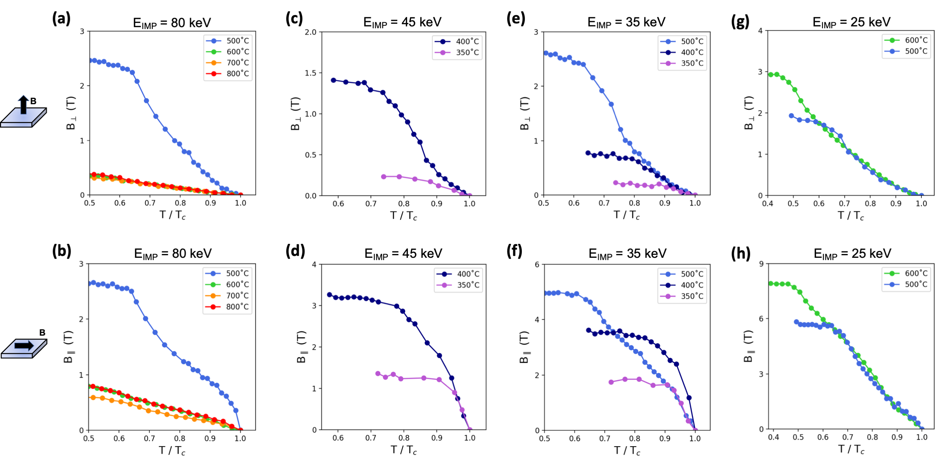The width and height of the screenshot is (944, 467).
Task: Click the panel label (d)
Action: click(x=295, y=251)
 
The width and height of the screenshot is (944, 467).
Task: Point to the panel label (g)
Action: click(x=740, y=22)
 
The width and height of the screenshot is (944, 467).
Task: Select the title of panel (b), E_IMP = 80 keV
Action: click(x=173, y=254)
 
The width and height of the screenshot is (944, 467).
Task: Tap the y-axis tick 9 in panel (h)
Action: click(x=761, y=264)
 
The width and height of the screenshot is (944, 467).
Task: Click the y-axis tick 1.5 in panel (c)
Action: click(x=310, y=73)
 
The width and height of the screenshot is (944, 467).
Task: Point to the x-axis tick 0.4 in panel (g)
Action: click(x=768, y=203)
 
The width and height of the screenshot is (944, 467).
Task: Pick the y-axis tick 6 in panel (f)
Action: click(x=537, y=265)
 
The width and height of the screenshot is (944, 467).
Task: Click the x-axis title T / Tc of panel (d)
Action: click(x=404, y=450)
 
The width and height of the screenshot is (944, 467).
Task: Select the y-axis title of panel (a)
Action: click(x=71, y=113)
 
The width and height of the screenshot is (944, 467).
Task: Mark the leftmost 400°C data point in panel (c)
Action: click(x=333, y=80)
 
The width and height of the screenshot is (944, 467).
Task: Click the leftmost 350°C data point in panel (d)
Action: click(x=378, y=373)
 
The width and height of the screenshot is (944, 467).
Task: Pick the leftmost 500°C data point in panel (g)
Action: click(x=791, y=116)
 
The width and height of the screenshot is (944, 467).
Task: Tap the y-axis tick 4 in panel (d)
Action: click(x=314, y=265)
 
